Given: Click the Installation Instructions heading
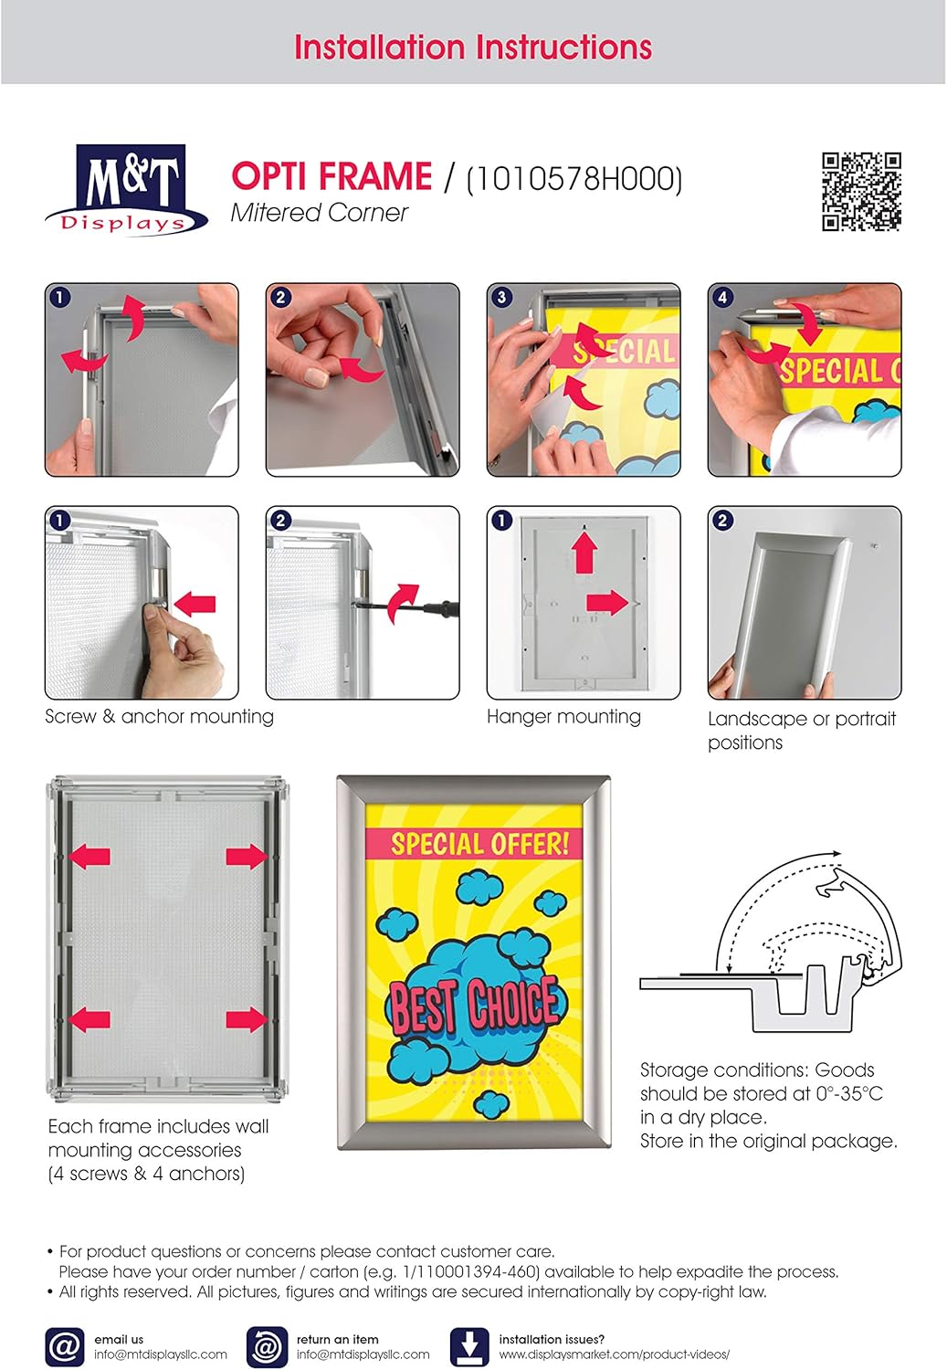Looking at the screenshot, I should click(x=473, y=47).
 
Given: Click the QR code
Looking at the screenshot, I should click(x=861, y=192).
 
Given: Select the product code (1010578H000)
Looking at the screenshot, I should click(x=574, y=178).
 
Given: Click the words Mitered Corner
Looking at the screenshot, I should click(x=319, y=213).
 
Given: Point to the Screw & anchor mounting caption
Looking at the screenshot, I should click(x=159, y=717).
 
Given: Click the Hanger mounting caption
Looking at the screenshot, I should click(x=563, y=717).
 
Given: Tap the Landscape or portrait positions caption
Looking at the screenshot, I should click(x=801, y=730).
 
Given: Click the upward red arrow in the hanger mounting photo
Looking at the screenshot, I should click(x=584, y=553).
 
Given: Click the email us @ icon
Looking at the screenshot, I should click(x=64, y=1346).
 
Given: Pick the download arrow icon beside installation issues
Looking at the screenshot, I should click(x=468, y=1346).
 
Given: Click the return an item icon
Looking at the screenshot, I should click(x=266, y=1346).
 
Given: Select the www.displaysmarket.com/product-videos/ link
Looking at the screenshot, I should click(x=614, y=1354).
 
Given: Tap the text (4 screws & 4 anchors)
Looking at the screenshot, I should click(x=146, y=1174).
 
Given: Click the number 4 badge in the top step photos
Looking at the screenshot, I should click(x=722, y=298).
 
